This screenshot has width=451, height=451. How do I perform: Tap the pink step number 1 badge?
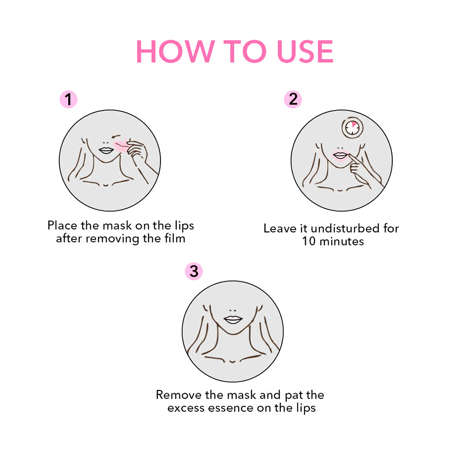(69, 99)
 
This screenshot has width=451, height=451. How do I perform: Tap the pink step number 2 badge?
(293, 99)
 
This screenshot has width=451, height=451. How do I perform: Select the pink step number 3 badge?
(194, 272)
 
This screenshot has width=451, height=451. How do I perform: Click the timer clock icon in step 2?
(352, 128)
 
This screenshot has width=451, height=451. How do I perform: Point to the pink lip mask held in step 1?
(122, 145)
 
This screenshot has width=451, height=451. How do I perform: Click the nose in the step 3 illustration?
(233, 310)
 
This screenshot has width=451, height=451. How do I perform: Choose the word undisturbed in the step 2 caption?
(333, 228)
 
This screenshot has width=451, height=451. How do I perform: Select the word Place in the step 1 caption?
(62, 225)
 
